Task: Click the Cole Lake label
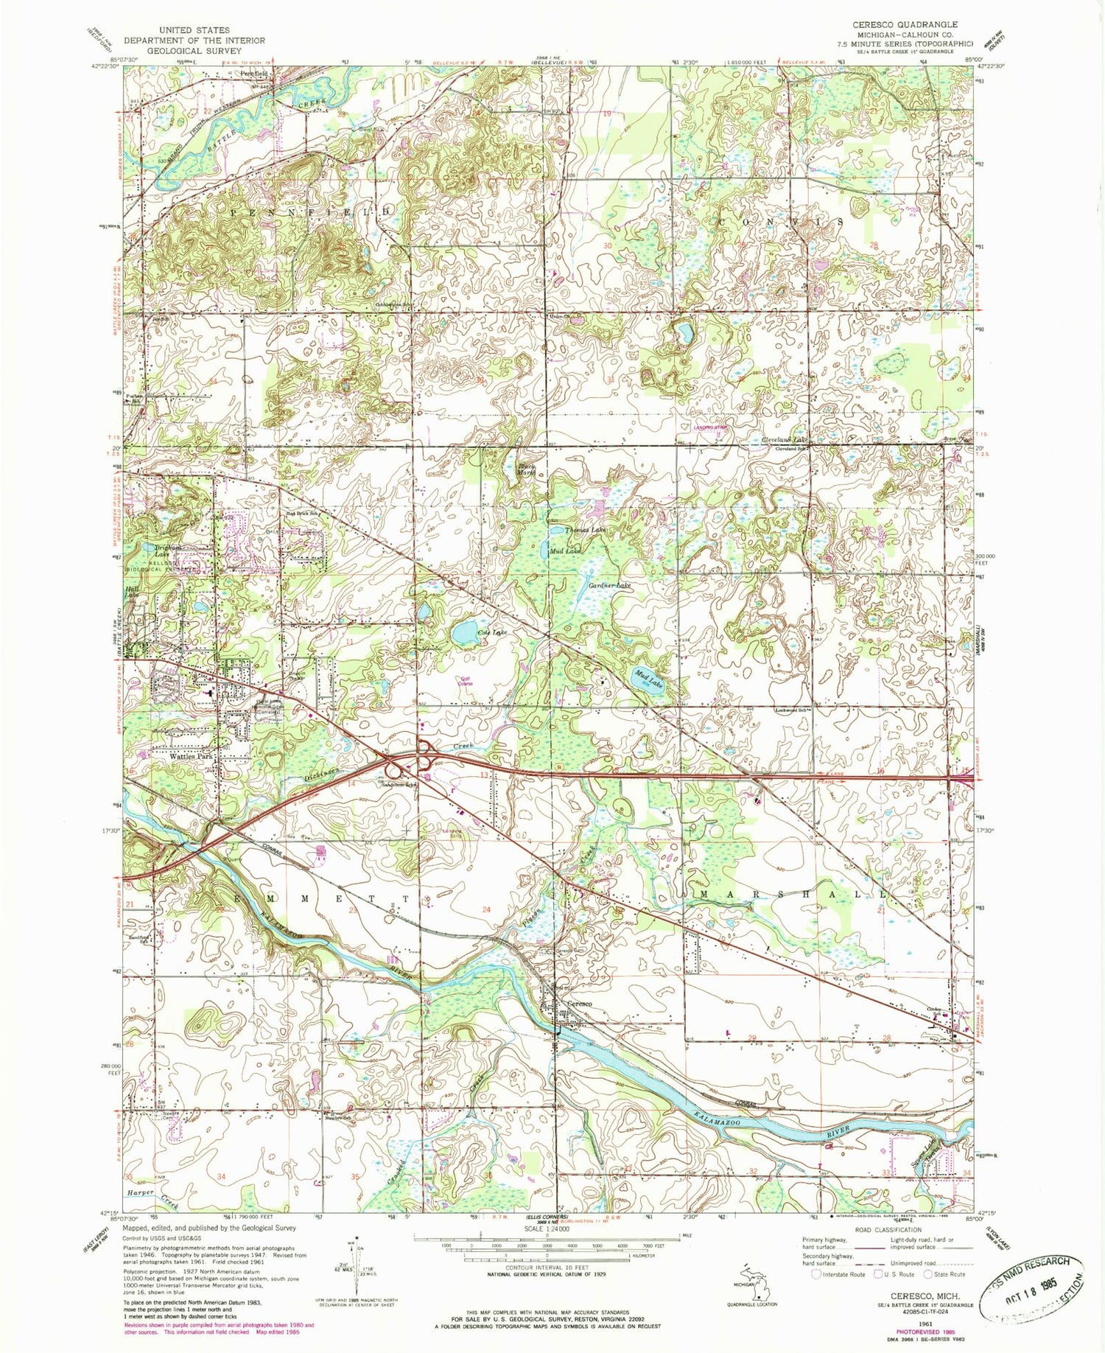(492, 632)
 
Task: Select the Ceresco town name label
(580, 1004)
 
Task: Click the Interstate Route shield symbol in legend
(816, 1273)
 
